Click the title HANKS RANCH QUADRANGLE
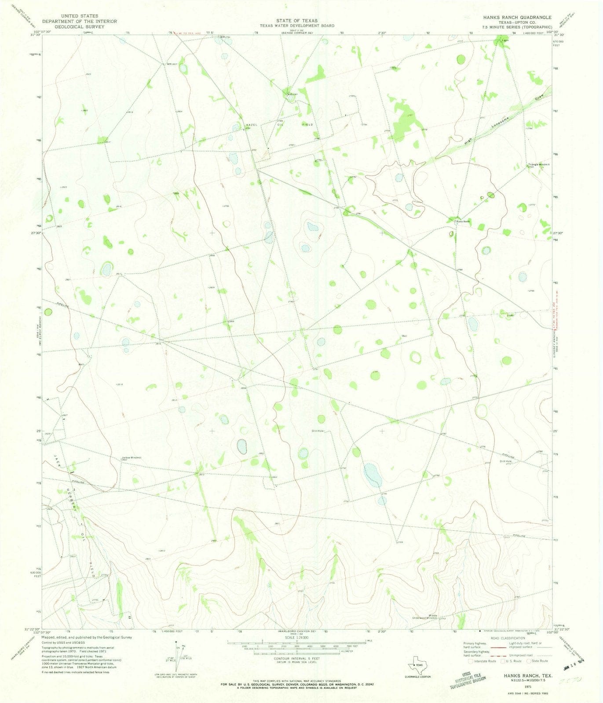click(x=511, y=17)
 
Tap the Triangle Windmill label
click(x=538, y=164)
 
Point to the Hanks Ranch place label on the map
click(x=463, y=221)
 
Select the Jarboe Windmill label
click(x=131, y=457)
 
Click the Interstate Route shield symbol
click(x=471, y=661)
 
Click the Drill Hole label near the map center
click(x=318, y=431)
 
